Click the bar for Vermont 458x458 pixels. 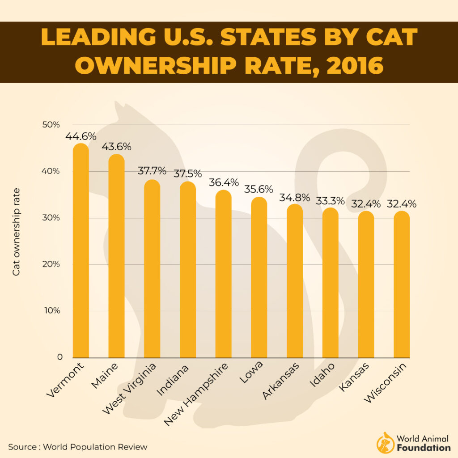click(81, 250)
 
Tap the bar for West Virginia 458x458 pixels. click(152, 268)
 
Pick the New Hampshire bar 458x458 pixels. click(223, 274)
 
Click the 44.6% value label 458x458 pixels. click(81, 136)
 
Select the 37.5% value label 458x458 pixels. click(187, 174)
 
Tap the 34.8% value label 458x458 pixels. click(295, 197)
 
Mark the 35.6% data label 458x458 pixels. click(259, 189)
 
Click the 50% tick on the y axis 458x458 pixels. click(51, 124)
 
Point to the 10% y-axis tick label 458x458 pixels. click(51, 311)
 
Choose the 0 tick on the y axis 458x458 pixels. click(59, 357)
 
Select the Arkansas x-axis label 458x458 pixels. click(281, 381)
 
